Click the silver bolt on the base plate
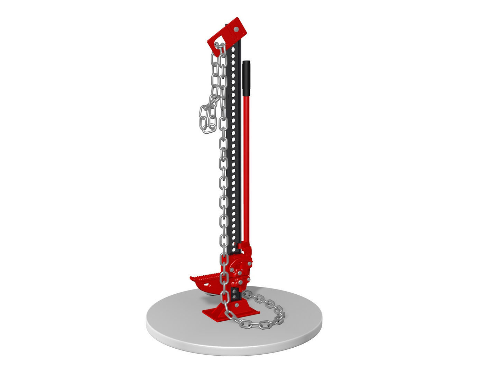(237, 305)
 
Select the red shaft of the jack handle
(247, 166)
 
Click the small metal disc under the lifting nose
(210, 294)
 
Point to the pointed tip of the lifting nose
(191, 277)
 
